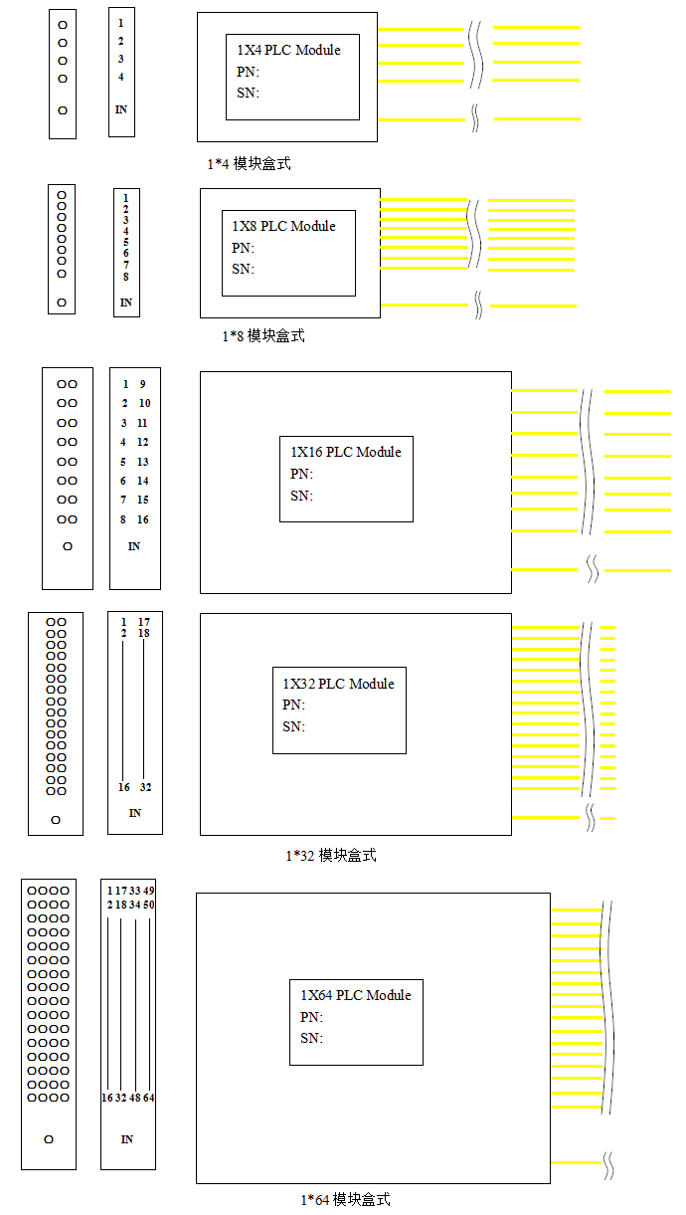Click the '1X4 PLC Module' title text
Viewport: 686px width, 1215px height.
pos(288,50)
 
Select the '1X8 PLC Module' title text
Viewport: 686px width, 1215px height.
pos(283,226)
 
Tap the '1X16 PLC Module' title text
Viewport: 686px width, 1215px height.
pos(346,452)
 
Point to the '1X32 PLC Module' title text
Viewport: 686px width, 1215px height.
pos(338,684)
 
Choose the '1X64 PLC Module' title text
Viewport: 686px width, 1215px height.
pos(356,995)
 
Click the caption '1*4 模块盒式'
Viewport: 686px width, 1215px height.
pos(249,163)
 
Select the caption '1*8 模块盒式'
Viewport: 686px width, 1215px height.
pos(263,335)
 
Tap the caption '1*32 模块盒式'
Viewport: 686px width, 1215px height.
pos(331,855)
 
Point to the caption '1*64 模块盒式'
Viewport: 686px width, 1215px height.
pos(345,1199)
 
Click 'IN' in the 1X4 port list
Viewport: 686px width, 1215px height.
pos(121,109)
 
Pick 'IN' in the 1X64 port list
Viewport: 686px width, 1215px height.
pos(127,1139)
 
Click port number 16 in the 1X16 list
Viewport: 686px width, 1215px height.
pos(142,519)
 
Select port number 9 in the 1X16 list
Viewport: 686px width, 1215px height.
pos(142,384)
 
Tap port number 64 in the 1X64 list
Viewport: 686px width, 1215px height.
pos(148,1098)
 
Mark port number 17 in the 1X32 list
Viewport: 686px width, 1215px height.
pos(143,622)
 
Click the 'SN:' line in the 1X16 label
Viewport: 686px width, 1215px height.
pos(301,496)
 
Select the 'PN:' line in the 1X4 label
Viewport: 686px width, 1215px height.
pos(248,72)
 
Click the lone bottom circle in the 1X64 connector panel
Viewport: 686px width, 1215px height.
pos(49,1139)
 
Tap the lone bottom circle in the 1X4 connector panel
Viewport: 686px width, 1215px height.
pos(63,110)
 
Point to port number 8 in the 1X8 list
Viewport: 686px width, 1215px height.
pos(125,277)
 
